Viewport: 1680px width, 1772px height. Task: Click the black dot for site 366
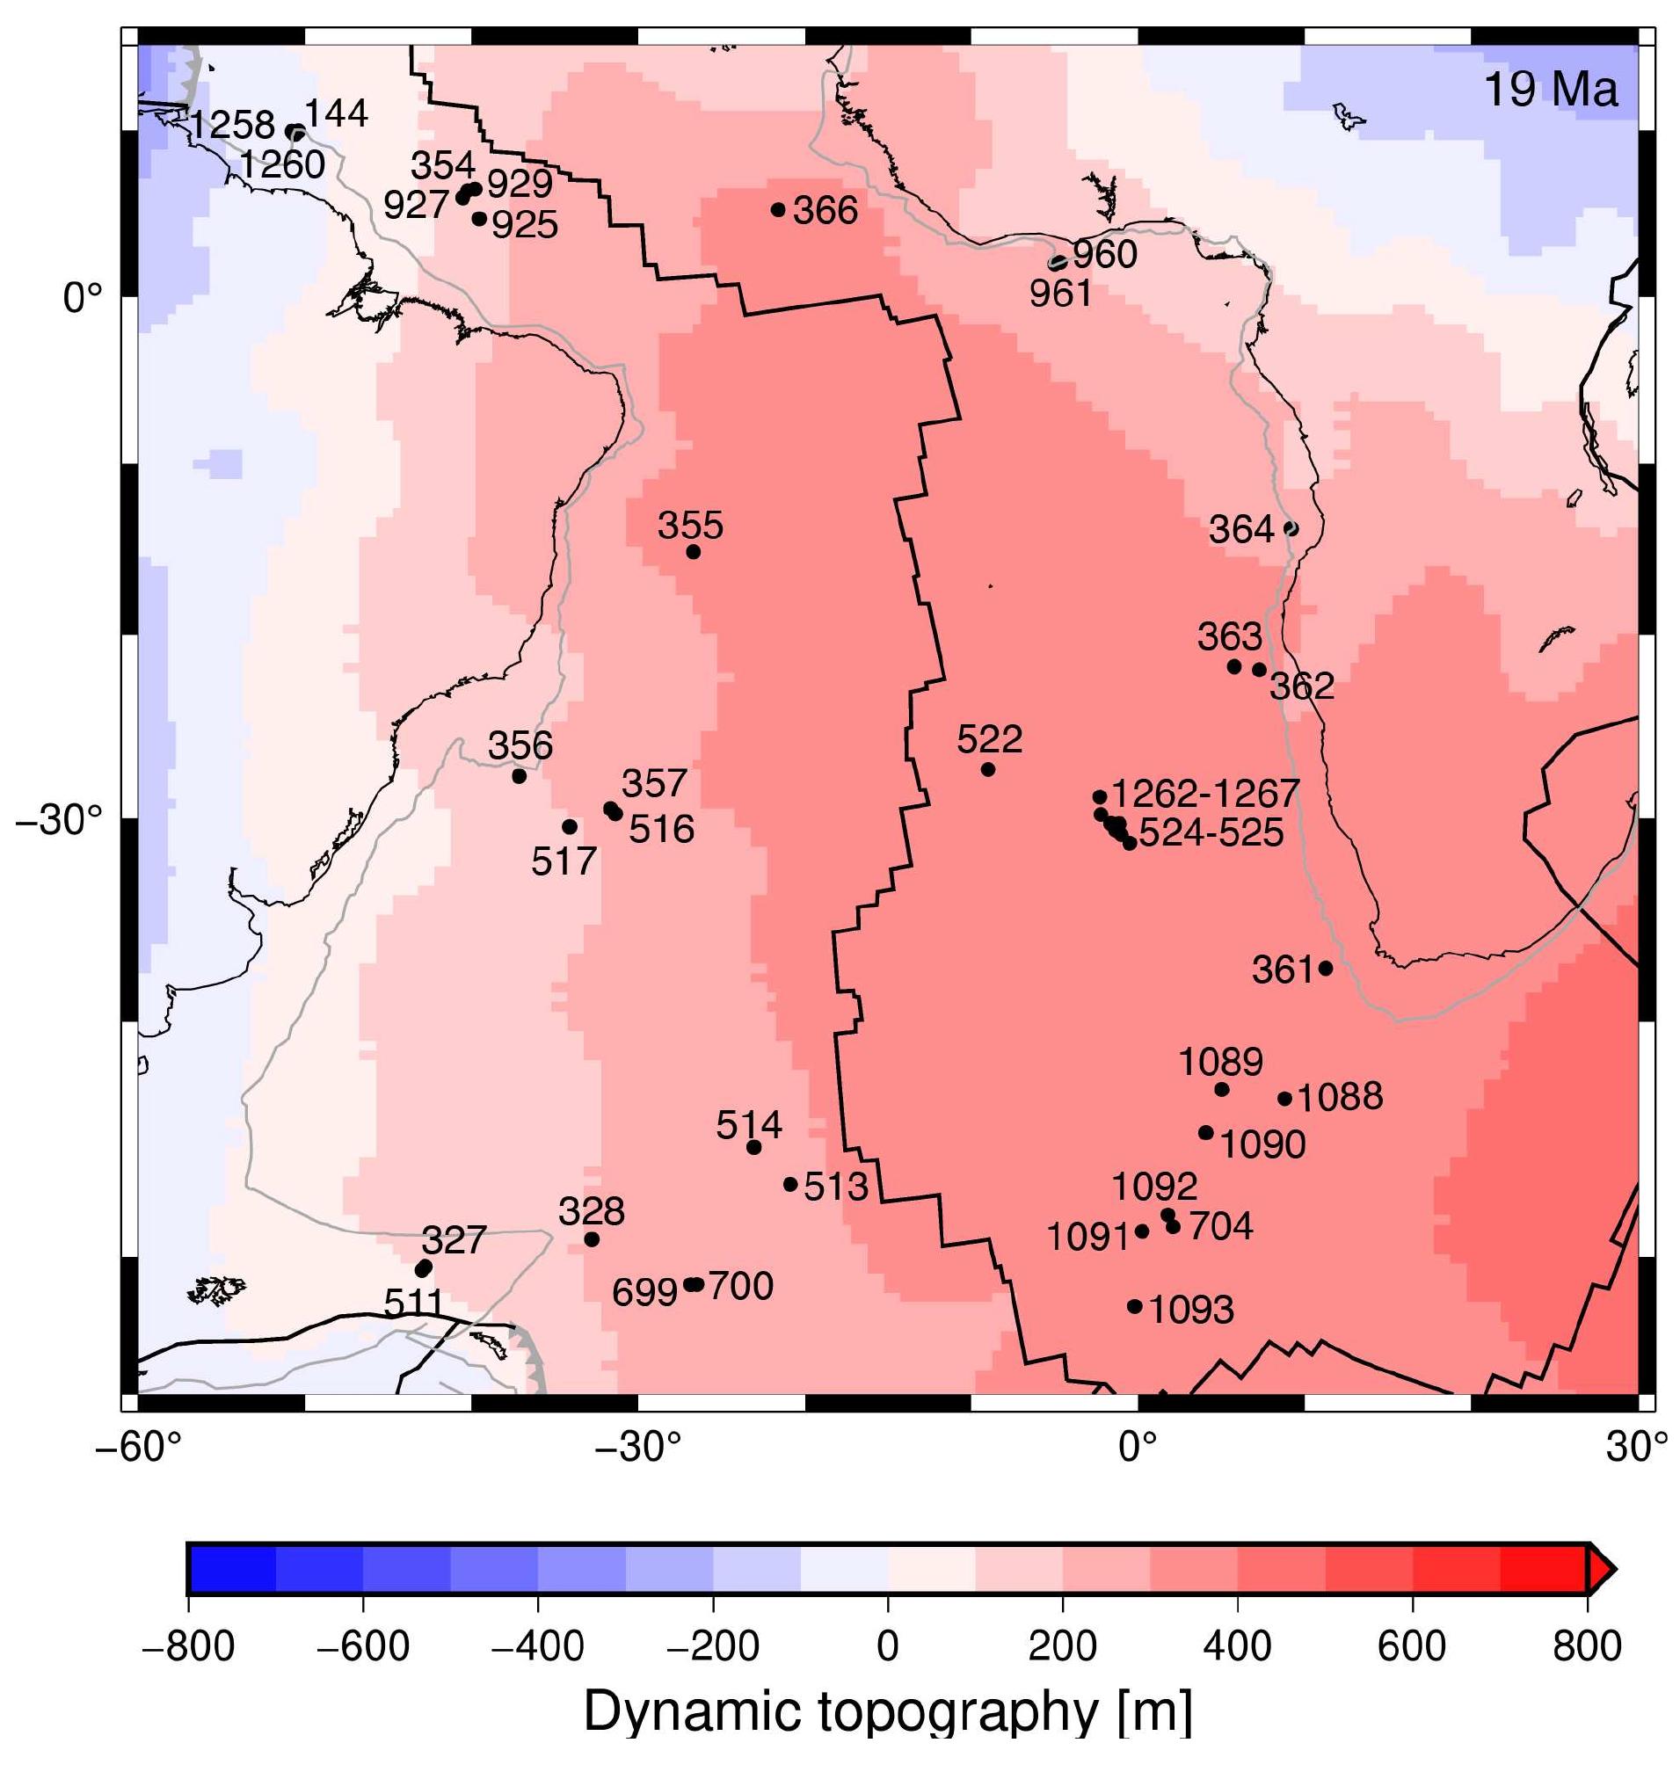click(778, 209)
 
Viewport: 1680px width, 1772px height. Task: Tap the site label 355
click(690, 526)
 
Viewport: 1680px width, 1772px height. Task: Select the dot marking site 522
click(988, 769)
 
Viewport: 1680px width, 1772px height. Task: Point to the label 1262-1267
click(1204, 794)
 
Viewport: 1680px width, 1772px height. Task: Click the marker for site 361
click(1327, 968)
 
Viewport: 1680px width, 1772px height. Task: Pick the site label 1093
click(1191, 1310)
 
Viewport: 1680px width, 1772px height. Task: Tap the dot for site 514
click(754, 1147)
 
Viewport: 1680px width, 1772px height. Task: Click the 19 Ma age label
click(1551, 90)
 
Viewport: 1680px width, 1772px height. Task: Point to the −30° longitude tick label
click(638, 1447)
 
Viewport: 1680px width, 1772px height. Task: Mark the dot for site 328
click(592, 1239)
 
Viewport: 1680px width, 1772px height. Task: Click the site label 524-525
click(1211, 832)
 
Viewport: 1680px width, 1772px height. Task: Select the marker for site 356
click(520, 775)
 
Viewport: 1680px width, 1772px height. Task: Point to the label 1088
click(1340, 1097)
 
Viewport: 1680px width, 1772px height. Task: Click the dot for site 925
click(479, 219)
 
